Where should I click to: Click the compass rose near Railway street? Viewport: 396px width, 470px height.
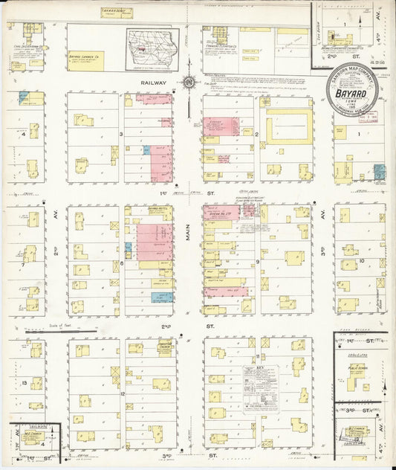[190, 82]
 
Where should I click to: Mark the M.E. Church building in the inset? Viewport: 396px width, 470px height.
[33, 437]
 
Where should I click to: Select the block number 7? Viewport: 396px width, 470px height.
[24, 263]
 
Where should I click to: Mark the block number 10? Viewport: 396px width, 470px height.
[360, 261]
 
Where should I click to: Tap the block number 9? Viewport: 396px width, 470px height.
[257, 263]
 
